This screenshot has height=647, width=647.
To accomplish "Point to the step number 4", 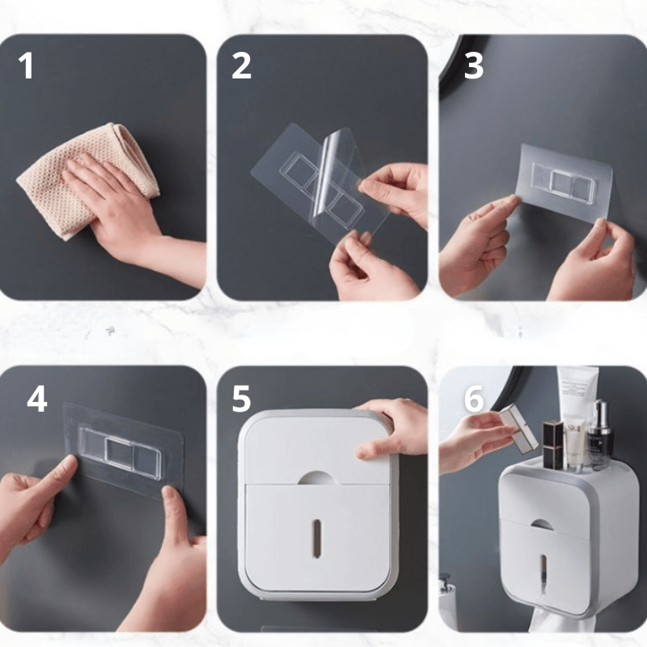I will coord(36,400).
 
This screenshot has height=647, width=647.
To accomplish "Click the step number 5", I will coord(241,400).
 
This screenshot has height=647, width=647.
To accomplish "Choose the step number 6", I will coord(474,400).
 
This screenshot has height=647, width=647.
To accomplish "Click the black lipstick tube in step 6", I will coord(552,445).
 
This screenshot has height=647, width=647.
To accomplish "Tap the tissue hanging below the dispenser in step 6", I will coord(558,623).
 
